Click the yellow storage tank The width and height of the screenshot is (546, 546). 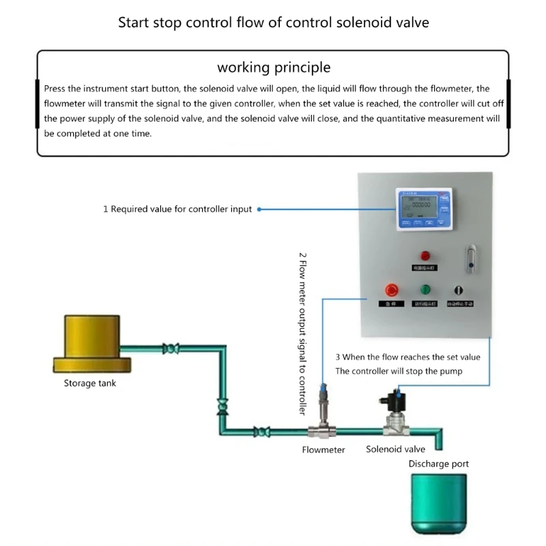pyautogui.click(x=92, y=339)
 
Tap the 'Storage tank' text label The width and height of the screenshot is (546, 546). pyautogui.click(x=90, y=383)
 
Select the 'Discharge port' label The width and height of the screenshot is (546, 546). pyautogui.click(x=439, y=464)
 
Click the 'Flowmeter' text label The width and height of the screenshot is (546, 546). pyautogui.click(x=324, y=450)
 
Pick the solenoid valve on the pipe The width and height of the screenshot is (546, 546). pyautogui.click(x=395, y=417)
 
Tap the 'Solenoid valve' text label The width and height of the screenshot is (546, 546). pyautogui.click(x=395, y=449)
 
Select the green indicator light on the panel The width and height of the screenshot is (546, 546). pyautogui.click(x=426, y=289)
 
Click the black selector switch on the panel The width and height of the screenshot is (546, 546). pyautogui.click(x=459, y=289)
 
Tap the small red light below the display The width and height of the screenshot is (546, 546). pyautogui.click(x=425, y=255)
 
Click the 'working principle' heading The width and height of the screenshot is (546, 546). pyautogui.click(x=274, y=67)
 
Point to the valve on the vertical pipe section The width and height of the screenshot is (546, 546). pyautogui.click(x=220, y=407)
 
